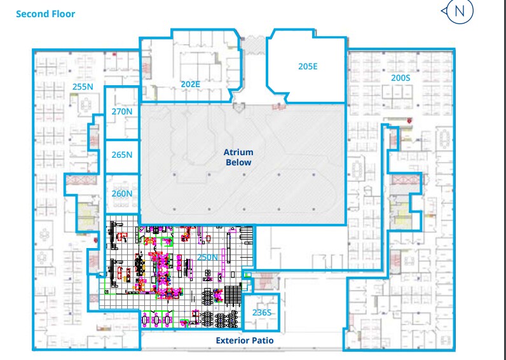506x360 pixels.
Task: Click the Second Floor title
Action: click(x=45, y=13)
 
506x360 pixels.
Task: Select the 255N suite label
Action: click(x=83, y=87)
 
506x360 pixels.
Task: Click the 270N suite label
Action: click(x=121, y=111)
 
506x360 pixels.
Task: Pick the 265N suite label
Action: click(x=121, y=155)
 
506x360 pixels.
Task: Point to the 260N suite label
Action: click(x=121, y=193)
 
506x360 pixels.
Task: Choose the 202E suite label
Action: click(x=191, y=83)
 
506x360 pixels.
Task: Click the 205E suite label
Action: click(x=308, y=66)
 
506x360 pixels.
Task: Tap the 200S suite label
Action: click(x=401, y=77)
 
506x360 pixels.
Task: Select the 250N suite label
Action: click(x=207, y=257)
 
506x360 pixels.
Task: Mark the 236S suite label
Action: click(x=262, y=312)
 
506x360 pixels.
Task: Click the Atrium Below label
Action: click(x=239, y=157)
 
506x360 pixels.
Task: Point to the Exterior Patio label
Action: click(x=245, y=341)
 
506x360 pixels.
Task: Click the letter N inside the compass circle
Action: click(x=460, y=11)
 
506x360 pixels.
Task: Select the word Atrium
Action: click(x=239, y=152)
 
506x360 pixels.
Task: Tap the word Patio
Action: click(x=263, y=341)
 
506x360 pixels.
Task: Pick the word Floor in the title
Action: click(x=62, y=13)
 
